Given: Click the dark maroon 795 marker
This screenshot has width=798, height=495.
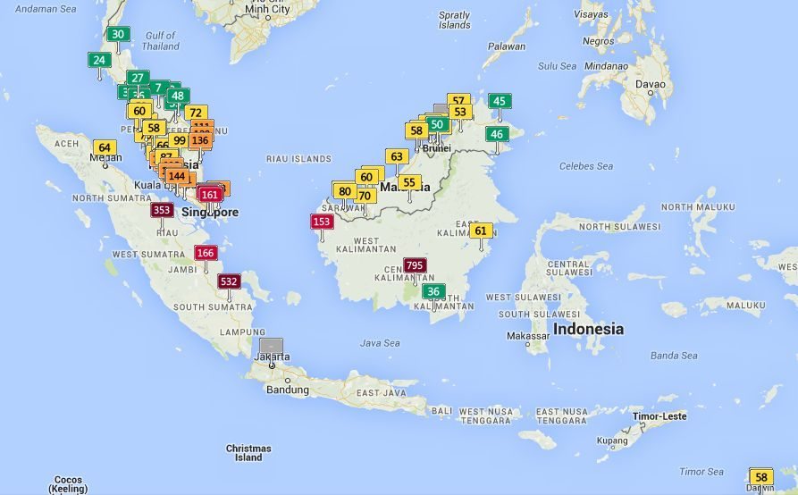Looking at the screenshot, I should coord(415,265).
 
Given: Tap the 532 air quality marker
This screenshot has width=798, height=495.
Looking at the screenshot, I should coord(229,281).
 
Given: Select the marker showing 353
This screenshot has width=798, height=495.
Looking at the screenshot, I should coord(162,210).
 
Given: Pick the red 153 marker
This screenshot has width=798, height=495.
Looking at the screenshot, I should coord(322,222).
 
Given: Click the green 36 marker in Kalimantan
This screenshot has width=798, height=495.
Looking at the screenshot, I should coord(433,291).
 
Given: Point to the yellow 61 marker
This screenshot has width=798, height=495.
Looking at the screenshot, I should coord(481,231).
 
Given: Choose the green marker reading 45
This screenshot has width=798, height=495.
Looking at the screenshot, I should coord(500,101).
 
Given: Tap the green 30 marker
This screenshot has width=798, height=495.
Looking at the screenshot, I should coord(118,35).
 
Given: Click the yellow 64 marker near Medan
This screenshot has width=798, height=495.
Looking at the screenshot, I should coord(105,147).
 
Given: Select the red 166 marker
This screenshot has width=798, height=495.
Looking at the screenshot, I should coord(206,253).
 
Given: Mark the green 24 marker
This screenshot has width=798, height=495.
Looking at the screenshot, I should coord(99,61).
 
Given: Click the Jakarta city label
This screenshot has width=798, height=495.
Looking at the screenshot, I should coord(272,357).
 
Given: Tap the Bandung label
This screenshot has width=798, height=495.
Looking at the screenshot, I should coord(287,390).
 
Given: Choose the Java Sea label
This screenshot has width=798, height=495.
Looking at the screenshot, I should coord(380,342).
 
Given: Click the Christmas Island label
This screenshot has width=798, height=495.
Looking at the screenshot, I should coord(248,453).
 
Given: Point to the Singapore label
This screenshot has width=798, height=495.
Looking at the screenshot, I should coord(210,213).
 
